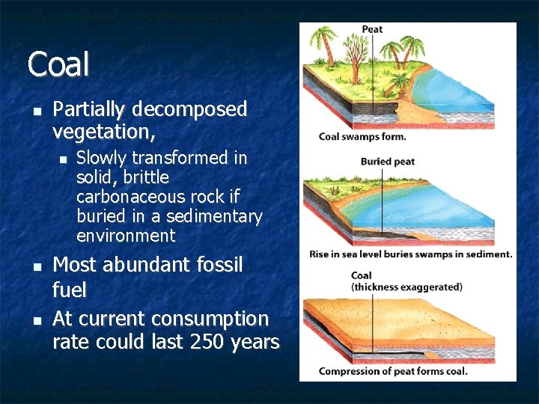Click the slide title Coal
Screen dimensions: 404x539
pos(58,64)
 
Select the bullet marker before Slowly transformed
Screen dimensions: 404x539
pos(63,159)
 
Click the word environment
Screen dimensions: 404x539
pos(126,236)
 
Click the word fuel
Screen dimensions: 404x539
pos(70,290)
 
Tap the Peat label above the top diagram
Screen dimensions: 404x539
pos(372,30)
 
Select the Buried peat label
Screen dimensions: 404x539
pos(387,162)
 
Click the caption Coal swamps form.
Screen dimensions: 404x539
pos(362,136)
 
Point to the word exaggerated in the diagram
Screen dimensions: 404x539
pos(431,287)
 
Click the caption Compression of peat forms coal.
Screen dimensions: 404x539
pos(393,371)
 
